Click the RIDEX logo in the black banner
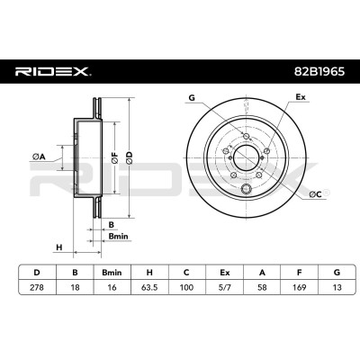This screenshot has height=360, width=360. pos(53,72)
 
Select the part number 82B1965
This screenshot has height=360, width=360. pos(319,72)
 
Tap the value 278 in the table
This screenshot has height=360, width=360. pos(37,287)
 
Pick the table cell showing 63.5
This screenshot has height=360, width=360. pos(149,287)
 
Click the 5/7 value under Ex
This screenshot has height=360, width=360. pos(224,287)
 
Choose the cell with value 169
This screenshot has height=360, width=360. pos(299,287)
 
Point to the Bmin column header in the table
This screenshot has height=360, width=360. pos(112,273)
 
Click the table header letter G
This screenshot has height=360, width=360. pos(337,273)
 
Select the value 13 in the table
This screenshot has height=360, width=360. pos(337,287)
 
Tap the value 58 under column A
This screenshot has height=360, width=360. pos(262,287)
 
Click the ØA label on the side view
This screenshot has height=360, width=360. pos(39,157)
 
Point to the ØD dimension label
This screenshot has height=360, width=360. pos(129,157)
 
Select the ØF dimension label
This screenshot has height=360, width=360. pos(115,157)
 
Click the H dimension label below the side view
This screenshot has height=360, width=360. pos(59,247)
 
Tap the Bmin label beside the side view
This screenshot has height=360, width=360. pos(118,237)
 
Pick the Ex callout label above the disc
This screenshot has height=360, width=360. pos(301,97)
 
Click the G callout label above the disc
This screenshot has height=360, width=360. pos(192,97)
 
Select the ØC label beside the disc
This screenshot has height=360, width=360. pos(315,194)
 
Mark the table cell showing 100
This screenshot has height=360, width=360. pos(186,287)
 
